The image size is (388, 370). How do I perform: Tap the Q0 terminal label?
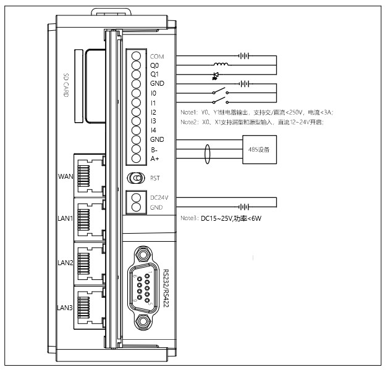154,65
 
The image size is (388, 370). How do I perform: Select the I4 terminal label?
153,131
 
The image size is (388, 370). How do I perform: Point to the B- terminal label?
153,149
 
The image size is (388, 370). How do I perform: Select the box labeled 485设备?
258,149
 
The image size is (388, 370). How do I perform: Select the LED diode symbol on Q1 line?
216,75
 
